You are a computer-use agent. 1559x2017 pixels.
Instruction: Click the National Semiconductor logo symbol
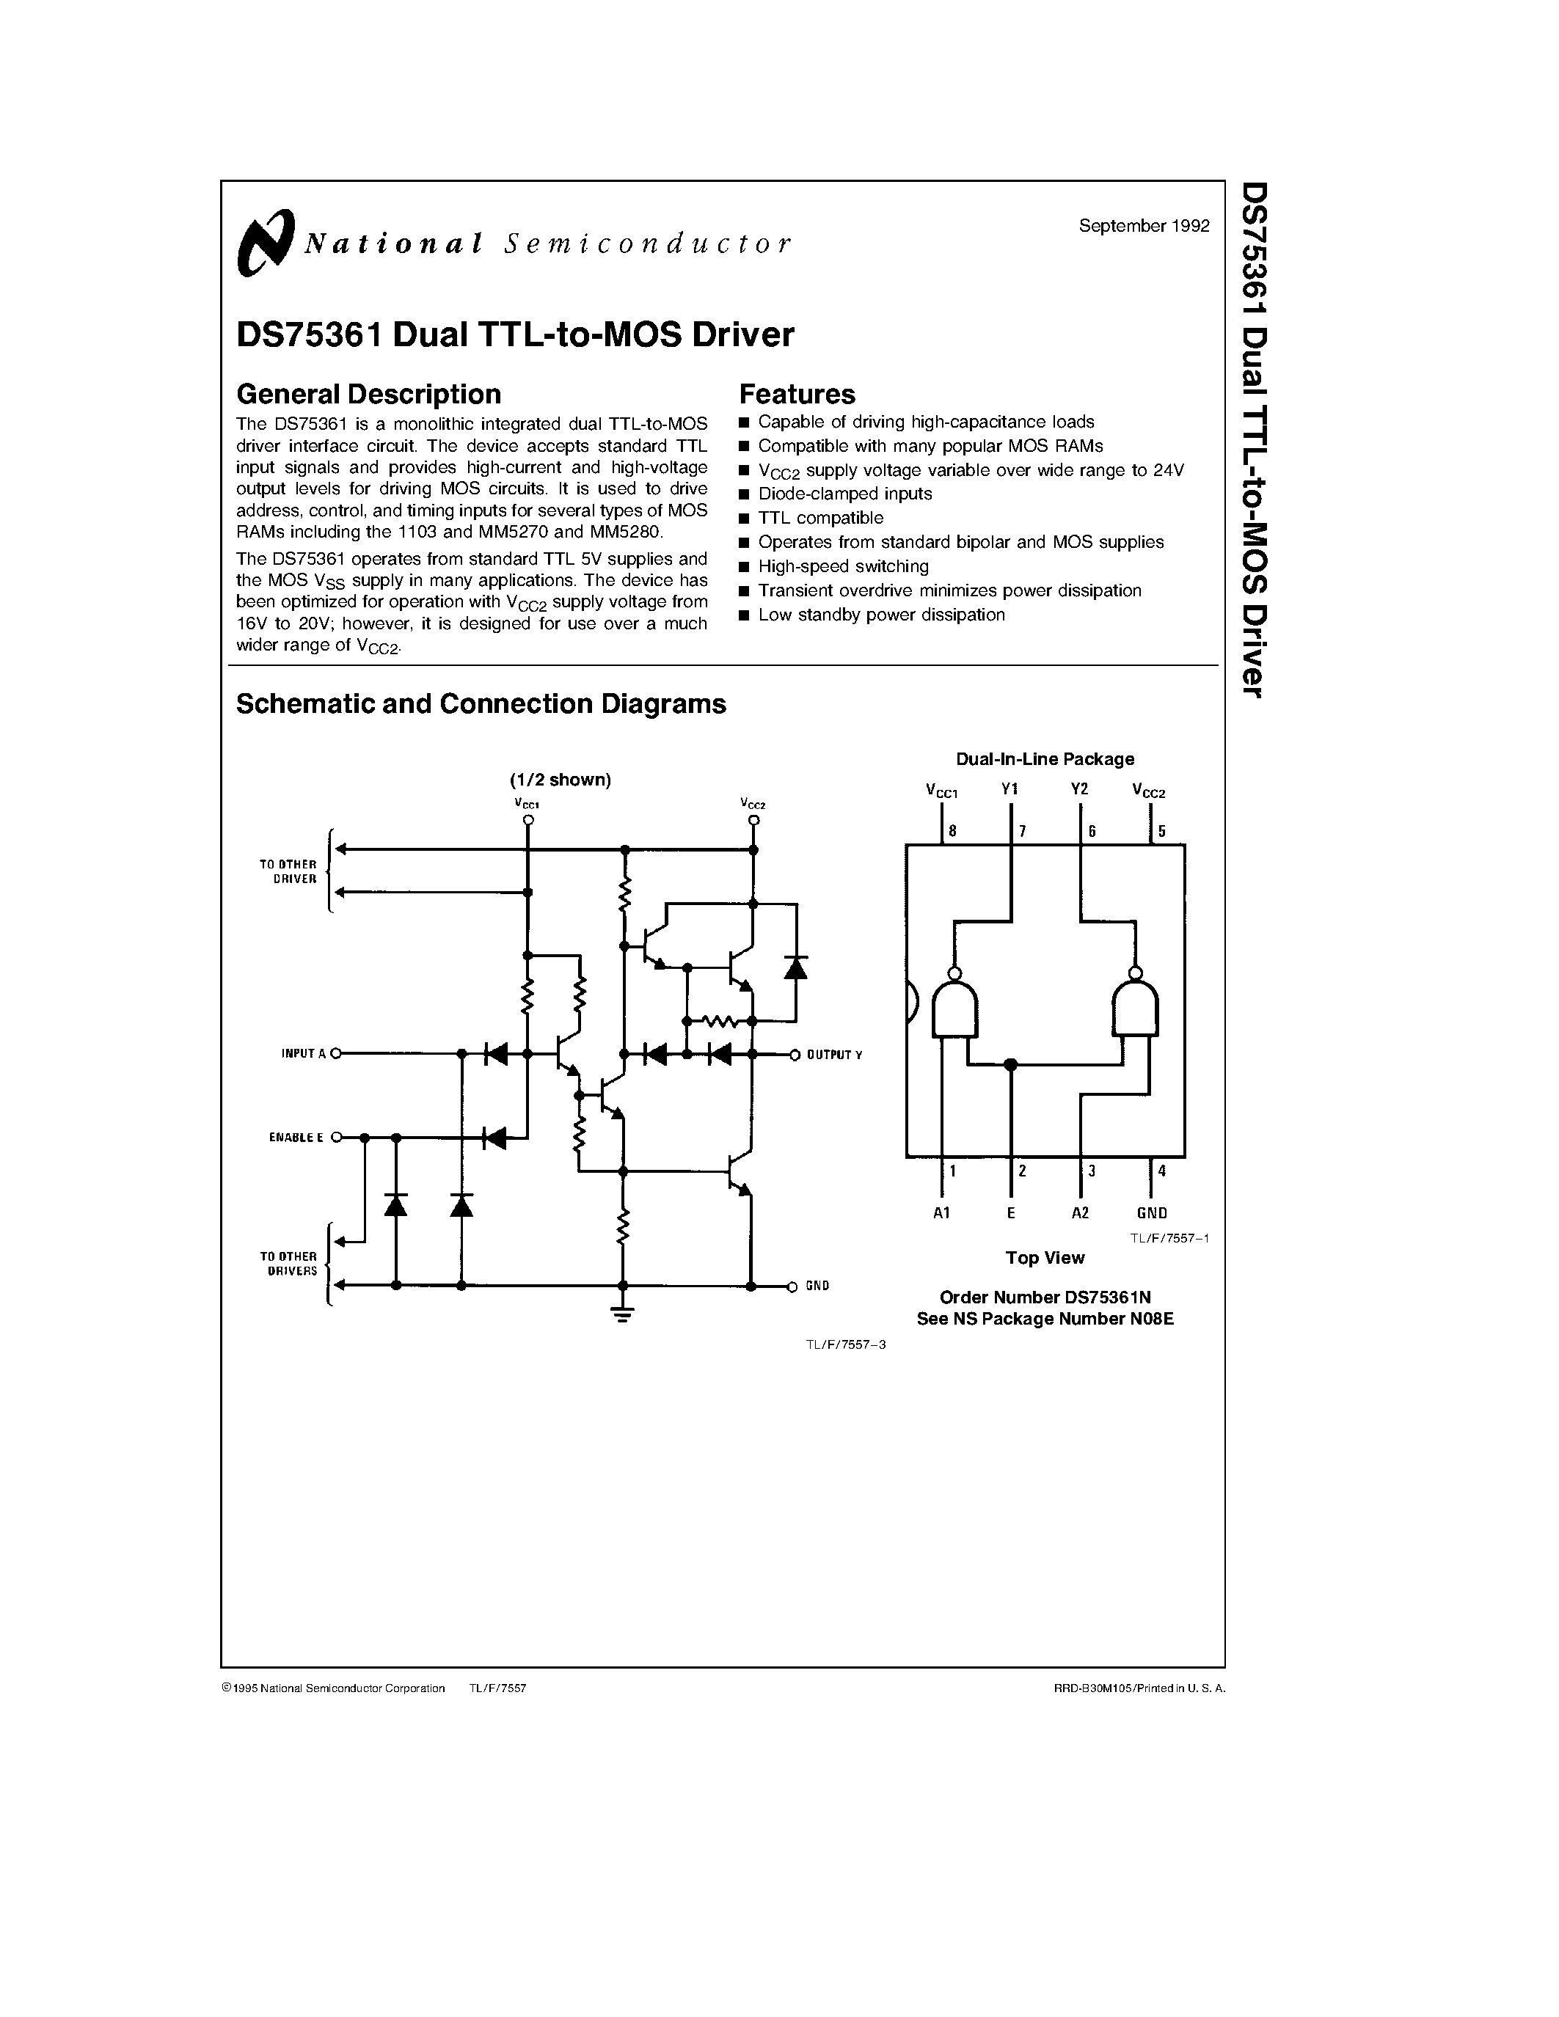265,243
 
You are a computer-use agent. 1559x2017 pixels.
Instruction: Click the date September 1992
1144,226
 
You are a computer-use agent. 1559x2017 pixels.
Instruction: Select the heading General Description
368,395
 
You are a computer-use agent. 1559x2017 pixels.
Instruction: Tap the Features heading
796,395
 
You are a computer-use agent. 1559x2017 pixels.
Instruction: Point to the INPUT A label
304,1053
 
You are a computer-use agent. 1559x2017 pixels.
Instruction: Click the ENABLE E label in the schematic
296,1138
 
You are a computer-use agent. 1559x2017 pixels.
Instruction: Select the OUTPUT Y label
834,1055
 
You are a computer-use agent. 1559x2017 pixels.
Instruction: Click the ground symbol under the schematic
622,1315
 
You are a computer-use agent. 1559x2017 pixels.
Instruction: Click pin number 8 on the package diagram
952,831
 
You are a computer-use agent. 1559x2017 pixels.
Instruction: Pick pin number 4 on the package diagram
1162,1171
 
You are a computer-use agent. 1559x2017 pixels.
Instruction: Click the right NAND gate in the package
1135,1009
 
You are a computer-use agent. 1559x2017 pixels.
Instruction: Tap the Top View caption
1045,1258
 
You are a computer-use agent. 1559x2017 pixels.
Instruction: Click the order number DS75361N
1045,1297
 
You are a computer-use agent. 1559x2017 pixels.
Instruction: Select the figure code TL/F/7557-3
845,1344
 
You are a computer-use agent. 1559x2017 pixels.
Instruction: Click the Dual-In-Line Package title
1045,759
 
